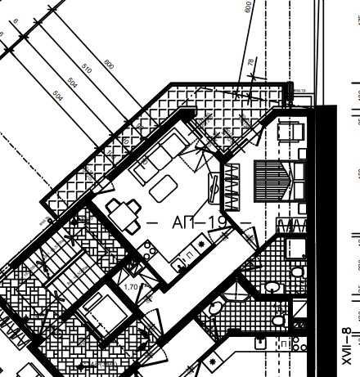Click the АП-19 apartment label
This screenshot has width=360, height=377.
pyautogui.click(x=196, y=222)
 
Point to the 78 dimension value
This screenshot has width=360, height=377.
pyautogui.click(x=250, y=63)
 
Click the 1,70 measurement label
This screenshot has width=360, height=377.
pyautogui.click(x=130, y=288)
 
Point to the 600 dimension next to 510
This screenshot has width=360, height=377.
pyautogui.click(x=109, y=64)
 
